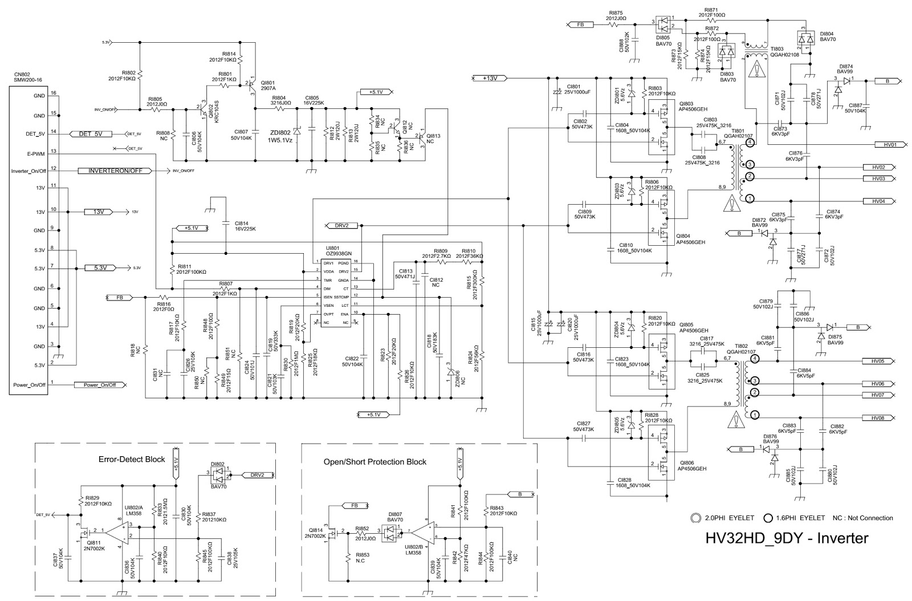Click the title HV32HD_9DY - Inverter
coord(787,538)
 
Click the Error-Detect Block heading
coord(132,459)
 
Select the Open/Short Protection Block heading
coord(374,461)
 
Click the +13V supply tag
coord(490,78)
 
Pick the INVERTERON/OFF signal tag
coord(119,170)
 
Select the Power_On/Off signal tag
coord(99,385)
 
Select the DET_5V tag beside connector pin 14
coord(91,134)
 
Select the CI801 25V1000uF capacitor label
coord(578,89)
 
